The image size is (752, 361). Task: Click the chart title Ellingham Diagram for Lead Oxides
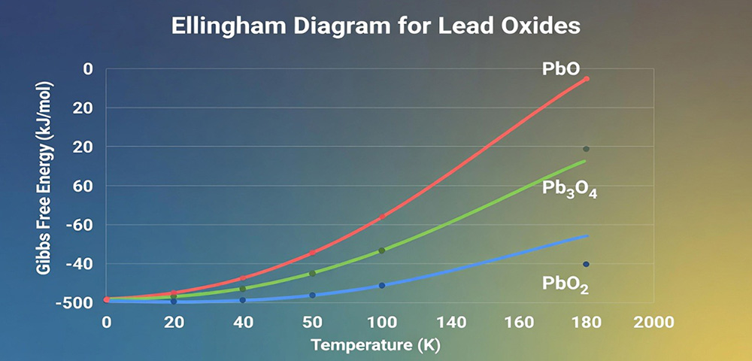376,26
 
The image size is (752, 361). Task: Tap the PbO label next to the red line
561,68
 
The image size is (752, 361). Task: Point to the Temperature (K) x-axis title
375,346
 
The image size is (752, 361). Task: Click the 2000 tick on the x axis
653,322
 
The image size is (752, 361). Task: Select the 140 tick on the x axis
450,322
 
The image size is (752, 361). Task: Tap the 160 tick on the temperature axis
518,322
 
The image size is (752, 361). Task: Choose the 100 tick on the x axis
381,322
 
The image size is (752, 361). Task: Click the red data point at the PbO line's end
587,79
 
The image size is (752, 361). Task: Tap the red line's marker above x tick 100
382,217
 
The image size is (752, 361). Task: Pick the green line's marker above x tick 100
382,250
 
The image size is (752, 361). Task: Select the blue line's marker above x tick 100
382,286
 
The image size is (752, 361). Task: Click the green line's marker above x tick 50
313,273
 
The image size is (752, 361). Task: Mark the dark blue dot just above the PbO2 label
586,264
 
